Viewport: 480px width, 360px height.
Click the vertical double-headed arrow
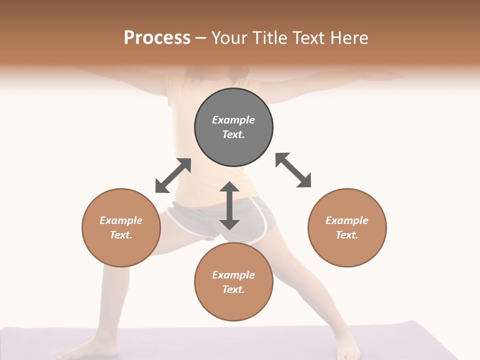click(229, 205)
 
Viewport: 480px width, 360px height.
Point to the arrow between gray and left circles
click(173, 175)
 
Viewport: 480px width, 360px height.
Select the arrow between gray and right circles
click(293, 170)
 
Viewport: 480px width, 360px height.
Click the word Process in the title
click(157, 38)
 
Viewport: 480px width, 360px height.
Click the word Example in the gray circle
click(233, 120)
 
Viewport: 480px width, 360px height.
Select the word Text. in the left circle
click(121, 235)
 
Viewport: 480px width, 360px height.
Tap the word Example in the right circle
click(347, 220)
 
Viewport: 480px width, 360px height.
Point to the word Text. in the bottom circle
click(233, 289)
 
